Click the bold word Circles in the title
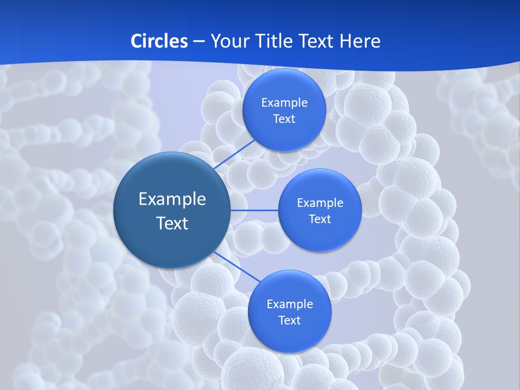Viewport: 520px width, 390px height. (x=159, y=41)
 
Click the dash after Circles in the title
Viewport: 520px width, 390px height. (x=199, y=42)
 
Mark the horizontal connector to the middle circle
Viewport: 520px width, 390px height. (x=255, y=210)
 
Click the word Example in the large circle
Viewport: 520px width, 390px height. (x=172, y=199)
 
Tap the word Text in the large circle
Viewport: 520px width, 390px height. (x=172, y=223)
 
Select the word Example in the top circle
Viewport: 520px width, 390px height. (x=284, y=103)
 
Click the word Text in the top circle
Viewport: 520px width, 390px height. (x=284, y=119)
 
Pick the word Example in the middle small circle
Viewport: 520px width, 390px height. (x=320, y=203)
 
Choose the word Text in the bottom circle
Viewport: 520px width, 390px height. (x=289, y=320)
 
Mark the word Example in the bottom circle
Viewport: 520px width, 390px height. (x=289, y=304)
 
